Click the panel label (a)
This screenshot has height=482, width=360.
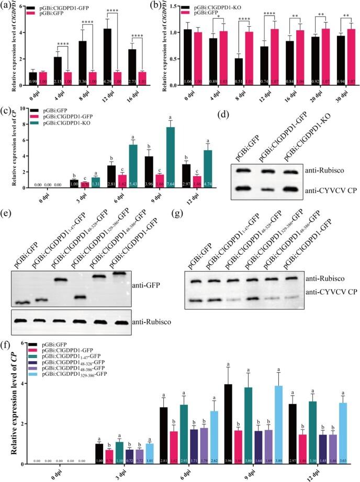pyautogui.click(x=9, y=6)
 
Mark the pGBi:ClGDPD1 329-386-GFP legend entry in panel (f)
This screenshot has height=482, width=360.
pyautogui.click(x=63, y=374)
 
